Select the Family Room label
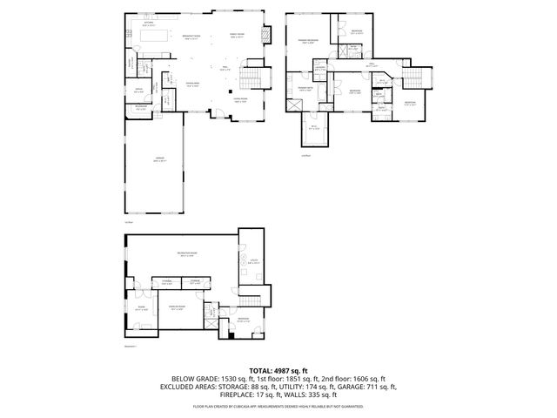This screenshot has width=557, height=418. [x=237, y=36]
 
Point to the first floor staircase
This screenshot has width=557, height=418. [x=250, y=82]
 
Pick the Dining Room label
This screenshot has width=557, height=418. [x=193, y=84]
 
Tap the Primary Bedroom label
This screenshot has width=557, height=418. [x=308, y=41]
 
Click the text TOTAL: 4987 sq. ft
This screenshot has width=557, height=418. [x=278, y=371]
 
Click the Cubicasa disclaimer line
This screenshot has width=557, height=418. [x=278, y=404]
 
